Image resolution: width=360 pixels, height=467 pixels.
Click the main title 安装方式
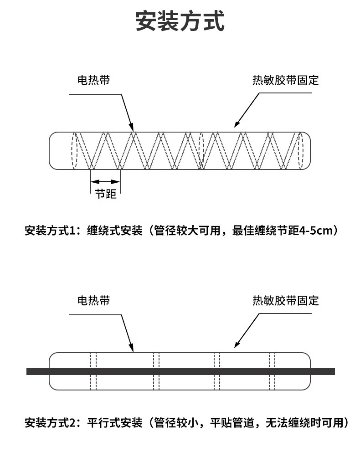pyautogui.click(x=180, y=21)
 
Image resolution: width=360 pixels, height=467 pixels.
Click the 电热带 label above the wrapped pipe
pyautogui.click(x=93, y=80)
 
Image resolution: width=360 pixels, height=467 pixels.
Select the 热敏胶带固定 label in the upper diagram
pyautogui.click(x=286, y=80)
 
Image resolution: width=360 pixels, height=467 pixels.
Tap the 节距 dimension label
pyautogui.click(x=105, y=194)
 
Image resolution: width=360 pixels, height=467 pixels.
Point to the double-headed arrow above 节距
pyautogui.click(x=105, y=182)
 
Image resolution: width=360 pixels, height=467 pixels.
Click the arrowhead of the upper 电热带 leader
pyautogui.click(x=131, y=127)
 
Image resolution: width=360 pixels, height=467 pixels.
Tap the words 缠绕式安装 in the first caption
pyautogui.click(x=115, y=231)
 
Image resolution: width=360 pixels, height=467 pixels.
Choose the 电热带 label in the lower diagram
pyautogui.click(x=93, y=301)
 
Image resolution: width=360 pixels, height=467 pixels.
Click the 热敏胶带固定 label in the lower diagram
pyautogui.click(x=286, y=301)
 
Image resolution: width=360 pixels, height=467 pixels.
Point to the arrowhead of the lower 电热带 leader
pyautogui.click(x=131, y=348)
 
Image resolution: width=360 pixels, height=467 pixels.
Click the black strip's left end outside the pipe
pyautogui.click(x=37, y=371)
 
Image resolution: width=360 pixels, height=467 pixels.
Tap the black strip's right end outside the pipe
pyautogui.click(x=323, y=371)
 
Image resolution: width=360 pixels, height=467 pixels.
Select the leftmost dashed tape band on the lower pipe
pyautogui.click(x=93, y=371)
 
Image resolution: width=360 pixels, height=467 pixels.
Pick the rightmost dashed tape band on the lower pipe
pyautogui.click(x=272, y=371)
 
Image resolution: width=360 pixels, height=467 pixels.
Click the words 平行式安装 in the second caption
pyautogui.click(x=115, y=423)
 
